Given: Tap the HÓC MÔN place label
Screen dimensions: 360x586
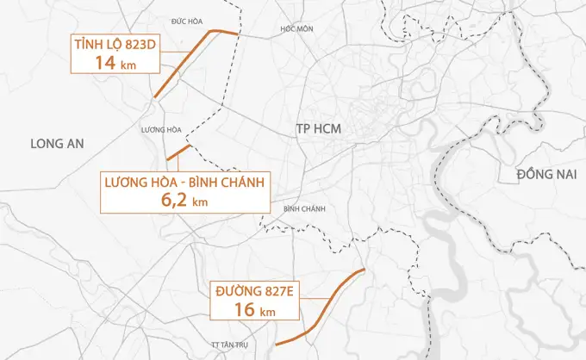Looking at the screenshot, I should coord(295,28).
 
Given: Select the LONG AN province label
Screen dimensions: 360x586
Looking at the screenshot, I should coord(56,144).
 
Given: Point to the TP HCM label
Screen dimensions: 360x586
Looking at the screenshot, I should coord(318,128).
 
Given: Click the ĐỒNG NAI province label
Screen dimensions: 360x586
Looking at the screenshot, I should coord(545,175).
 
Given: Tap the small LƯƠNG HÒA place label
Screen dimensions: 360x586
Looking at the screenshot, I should coord(161,130).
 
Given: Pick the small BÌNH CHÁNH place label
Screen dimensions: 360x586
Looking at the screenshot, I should coord(302,209).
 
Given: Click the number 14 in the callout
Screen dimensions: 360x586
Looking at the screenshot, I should coord(105,64).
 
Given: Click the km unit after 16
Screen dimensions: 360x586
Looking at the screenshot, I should coord(268,312).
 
